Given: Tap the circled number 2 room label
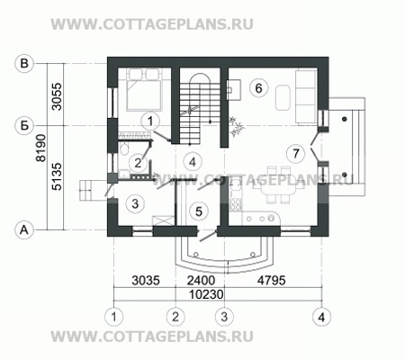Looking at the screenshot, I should (x=137, y=163).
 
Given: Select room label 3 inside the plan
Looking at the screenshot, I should (x=133, y=204).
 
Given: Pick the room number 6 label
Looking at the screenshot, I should (x=258, y=88).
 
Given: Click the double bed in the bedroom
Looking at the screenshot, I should (x=142, y=89).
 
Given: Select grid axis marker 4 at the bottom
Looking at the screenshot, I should (x=320, y=316).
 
